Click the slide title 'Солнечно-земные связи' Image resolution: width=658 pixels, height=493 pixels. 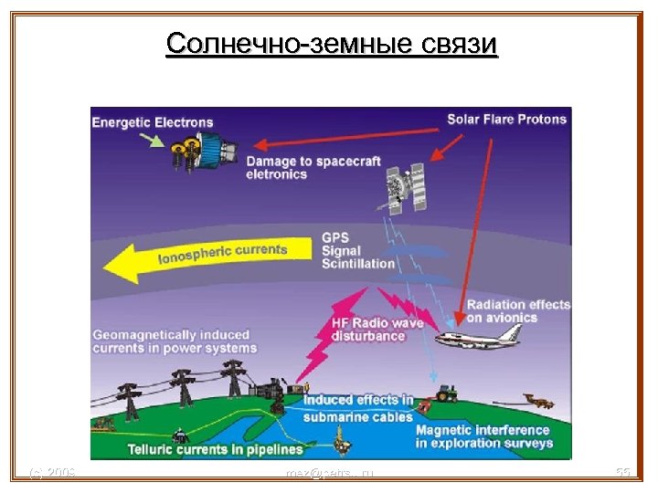click(x=332, y=43)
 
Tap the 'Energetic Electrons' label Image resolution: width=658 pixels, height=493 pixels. click(x=153, y=123)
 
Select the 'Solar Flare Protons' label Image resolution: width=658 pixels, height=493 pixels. click(x=506, y=119)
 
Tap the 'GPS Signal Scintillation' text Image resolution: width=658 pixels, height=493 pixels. click(x=356, y=251)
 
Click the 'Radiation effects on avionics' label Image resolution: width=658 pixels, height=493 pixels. click(x=518, y=311)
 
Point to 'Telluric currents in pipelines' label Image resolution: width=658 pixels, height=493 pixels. click(x=216, y=449)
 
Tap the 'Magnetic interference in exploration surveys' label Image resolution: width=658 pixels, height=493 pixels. click(x=483, y=436)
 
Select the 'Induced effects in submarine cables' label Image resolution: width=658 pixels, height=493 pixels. click(x=357, y=409)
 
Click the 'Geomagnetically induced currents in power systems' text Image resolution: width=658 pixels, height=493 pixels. click(x=175, y=341)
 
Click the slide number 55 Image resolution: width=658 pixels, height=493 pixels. click(x=623, y=473)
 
